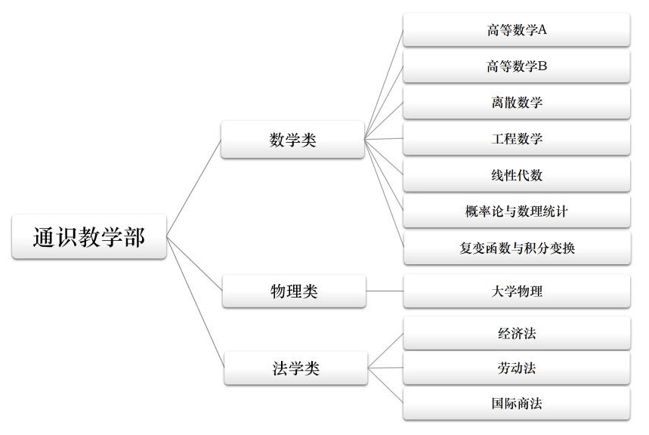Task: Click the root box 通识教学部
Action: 89,237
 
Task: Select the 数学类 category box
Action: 292,140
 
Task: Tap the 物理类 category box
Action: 294,292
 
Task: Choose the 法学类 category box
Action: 295,369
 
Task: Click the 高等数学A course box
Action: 517,30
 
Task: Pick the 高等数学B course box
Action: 517,66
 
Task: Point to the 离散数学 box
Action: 517,103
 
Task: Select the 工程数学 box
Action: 517,139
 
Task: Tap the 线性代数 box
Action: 517,175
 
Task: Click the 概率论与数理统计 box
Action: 517,211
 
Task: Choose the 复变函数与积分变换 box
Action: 517,248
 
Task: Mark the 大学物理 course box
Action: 517,292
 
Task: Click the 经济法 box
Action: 517,333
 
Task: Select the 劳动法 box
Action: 517,369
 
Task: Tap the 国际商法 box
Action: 517,403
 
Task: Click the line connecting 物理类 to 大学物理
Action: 385,292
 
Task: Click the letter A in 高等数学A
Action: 542,30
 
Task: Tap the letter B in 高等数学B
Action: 542,66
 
